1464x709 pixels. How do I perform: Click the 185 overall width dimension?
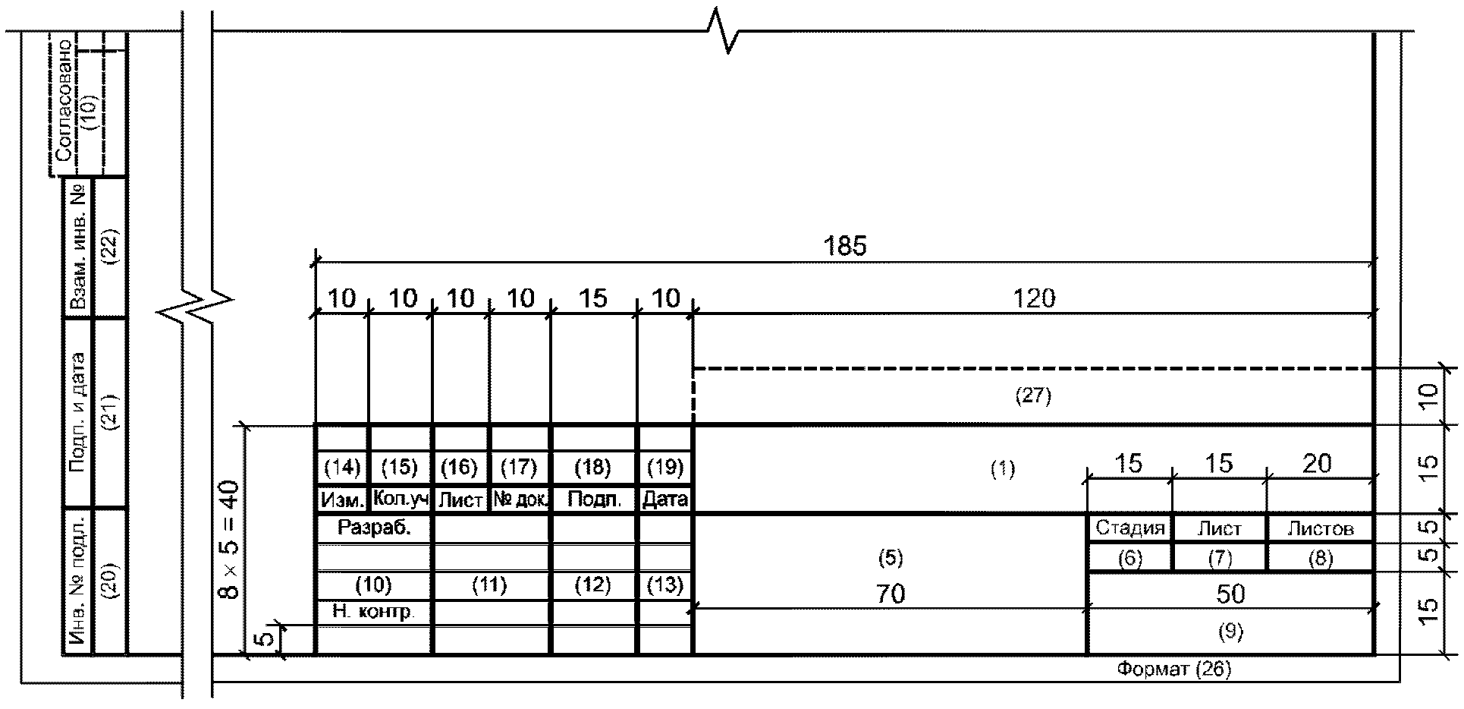pos(845,246)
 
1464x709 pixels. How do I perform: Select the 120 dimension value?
pos(1034,298)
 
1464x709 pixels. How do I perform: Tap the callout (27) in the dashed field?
pos(1033,395)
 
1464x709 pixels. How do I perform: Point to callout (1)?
pos(1003,470)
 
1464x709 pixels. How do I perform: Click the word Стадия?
pos(1129,528)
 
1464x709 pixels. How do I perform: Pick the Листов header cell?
pos(1320,528)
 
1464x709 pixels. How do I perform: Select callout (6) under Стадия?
pos(1129,559)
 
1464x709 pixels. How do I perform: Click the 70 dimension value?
pos(891,594)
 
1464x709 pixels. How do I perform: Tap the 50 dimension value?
pos(1230,594)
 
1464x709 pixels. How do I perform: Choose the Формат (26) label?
pos(1173,669)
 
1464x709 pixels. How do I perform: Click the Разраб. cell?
pos(374,528)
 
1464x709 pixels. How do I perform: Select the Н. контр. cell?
pos(374,612)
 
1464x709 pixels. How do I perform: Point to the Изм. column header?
pos(341,499)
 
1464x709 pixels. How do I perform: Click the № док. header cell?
pos(520,499)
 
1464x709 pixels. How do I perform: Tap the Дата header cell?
pos(665,499)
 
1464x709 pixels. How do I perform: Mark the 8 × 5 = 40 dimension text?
pos(230,539)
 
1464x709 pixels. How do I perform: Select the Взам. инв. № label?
pos(77,247)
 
